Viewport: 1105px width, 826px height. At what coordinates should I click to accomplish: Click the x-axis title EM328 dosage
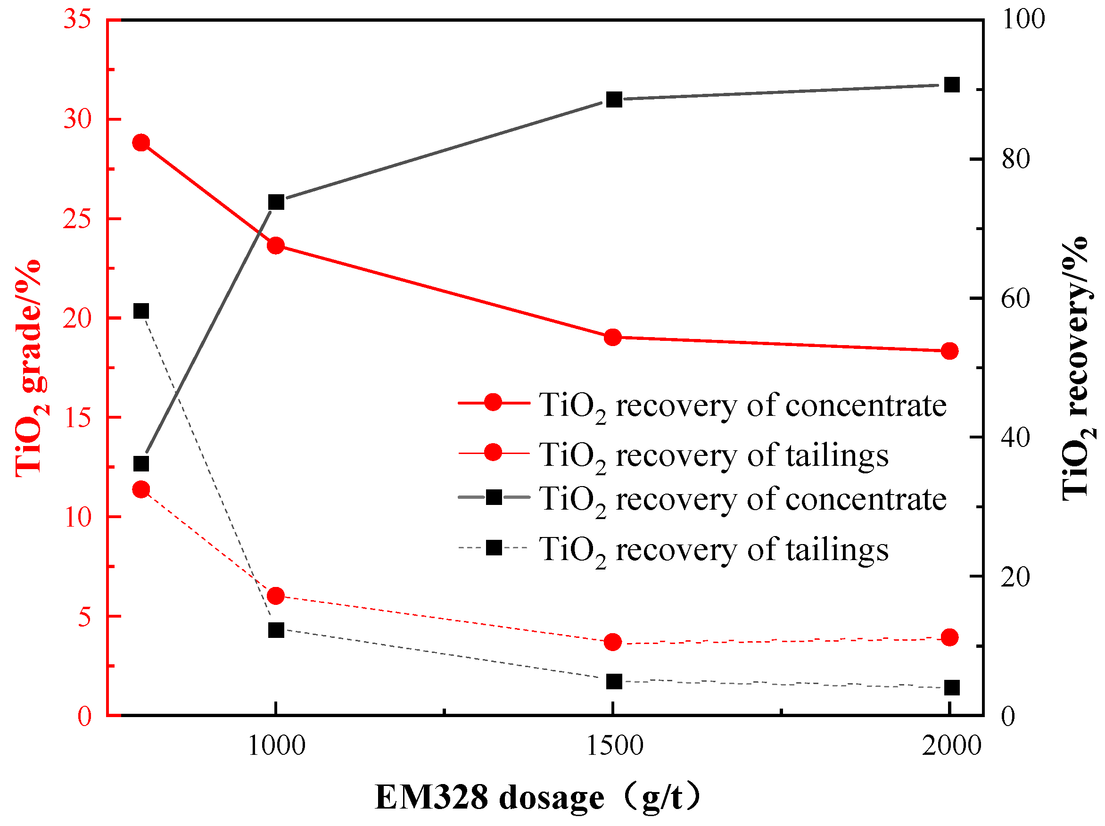point(537,796)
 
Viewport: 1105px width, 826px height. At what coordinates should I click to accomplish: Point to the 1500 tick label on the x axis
point(614,746)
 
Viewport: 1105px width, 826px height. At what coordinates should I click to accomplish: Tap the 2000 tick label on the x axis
point(951,746)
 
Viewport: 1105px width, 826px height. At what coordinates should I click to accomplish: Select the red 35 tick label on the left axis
point(77,20)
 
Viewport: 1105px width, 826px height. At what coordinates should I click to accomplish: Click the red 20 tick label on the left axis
point(77,318)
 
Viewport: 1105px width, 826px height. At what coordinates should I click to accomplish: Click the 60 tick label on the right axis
point(1015,299)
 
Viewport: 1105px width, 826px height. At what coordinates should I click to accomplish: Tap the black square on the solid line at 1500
point(614,99)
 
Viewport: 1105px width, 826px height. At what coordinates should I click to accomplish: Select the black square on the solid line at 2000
point(952,85)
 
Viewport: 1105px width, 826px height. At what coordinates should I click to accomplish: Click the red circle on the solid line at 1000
point(276,246)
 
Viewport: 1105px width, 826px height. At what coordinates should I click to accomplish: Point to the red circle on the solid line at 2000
point(949,351)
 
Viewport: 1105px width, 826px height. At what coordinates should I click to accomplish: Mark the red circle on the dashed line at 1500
point(613,642)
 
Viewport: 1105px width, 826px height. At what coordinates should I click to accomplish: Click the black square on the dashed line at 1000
point(276,630)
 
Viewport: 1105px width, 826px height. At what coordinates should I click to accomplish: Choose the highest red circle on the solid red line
point(141,143)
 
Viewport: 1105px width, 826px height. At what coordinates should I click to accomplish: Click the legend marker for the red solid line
point(493,402)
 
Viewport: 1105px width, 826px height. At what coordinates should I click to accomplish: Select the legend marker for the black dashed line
point(494,548)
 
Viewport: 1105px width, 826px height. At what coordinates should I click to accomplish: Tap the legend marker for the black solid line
point(494,497)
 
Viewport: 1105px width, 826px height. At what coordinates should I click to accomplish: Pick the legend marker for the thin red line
point(493,453)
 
